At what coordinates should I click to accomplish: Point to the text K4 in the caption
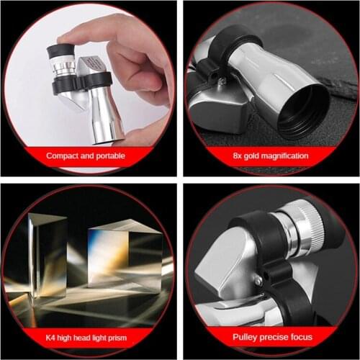[x=51, y=336]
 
